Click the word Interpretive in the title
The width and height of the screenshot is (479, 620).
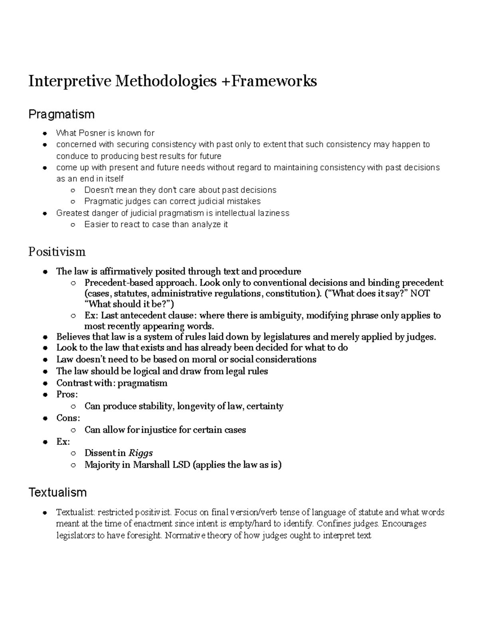coord(70,81)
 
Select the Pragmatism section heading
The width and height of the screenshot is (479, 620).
coord(61,115)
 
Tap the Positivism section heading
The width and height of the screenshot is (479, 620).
coord(57,252)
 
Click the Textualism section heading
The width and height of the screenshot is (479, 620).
coord(57,492)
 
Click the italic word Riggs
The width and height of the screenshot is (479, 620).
coord(141,453)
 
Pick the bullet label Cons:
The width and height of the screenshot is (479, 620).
coord(68,418)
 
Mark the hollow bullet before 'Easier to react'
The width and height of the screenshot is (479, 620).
coord(73,225)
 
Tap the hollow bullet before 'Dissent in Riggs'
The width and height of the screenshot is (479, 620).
coord(73,454)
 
